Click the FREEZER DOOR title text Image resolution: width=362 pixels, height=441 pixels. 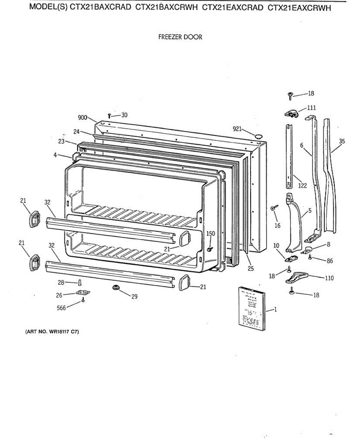pyautogui.click(x=180, y=37)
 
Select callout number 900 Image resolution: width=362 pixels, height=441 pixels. pyautogui.click(x=83, y=118)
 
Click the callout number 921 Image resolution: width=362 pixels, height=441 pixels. pyautogui.click(x=237, y=129)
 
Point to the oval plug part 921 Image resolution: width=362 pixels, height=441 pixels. pyautogui.click(x=258, y=136)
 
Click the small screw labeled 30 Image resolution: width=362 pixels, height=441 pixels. pyautogui.click(x=109, y=116)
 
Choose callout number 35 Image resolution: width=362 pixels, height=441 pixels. pyautogui.click(x=342, y=141)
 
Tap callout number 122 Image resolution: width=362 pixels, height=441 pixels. pyautogui.click(x=302, y=186)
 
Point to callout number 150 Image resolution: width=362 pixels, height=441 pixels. pyautogui.click(x=211, y=233)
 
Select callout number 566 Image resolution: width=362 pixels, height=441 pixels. pyautogui.click(x=61, y=308)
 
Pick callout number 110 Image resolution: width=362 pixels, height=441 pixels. pyautogui.click(x=329, y=278)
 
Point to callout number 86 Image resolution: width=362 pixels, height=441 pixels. pyautogui.click(x=330, y=261)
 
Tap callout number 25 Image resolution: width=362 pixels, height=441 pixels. pyautogui.click(x=251, y=269)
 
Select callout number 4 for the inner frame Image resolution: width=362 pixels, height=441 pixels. pyautogui.click(x=55, y=155)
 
